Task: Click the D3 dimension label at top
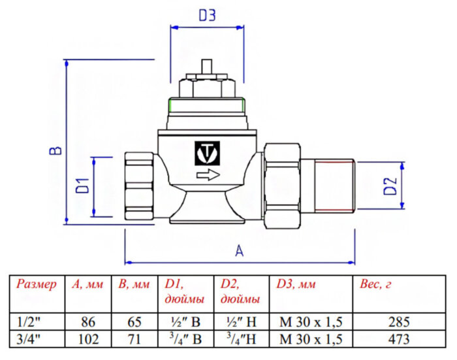[x=206, y=16]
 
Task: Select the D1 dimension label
[x=82, y=186]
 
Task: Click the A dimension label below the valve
[x=239, y=251]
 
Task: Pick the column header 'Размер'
[x=37, y=285]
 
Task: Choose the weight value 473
[x=398, y=338]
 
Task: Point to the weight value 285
[x=398, y=322]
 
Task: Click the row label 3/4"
[x=27, y=338]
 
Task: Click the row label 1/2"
[x=27, y=322]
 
